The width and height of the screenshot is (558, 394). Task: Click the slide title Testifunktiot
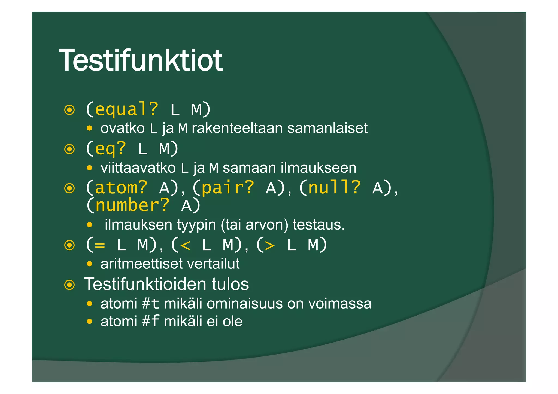pyautogui.click(x=141, y=60)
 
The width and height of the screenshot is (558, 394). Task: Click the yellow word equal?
pyautogui.click(x=126, y=109)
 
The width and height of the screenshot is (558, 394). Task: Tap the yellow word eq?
pyautogui.click(x=110, y=149)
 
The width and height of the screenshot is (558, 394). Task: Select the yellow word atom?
pyautogui.click(x=121, y=188)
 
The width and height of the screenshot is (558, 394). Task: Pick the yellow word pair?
pyautogui.click(x=228, y=188)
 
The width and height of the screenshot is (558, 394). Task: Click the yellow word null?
pyautogui.click(x=334, y=188)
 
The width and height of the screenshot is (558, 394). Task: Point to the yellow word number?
pyautogui.click(x=132, y=206)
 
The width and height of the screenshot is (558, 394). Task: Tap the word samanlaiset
pyautogui.click(x=327, y=128)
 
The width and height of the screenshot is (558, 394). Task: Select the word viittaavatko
pyautogui.click(x=138, y=168)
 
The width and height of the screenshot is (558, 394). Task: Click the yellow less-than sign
pyautogui.click(x=185, y=246)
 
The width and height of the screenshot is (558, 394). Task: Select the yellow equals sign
pyautogui.click(x=100, y=246)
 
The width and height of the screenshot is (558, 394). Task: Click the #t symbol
pyautogui.click(x=150, y=304)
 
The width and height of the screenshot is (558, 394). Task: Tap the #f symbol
pyautogui.click(x=150, y=321)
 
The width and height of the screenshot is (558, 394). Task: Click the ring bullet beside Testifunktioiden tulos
pyautogui.click(x=69, y=285)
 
